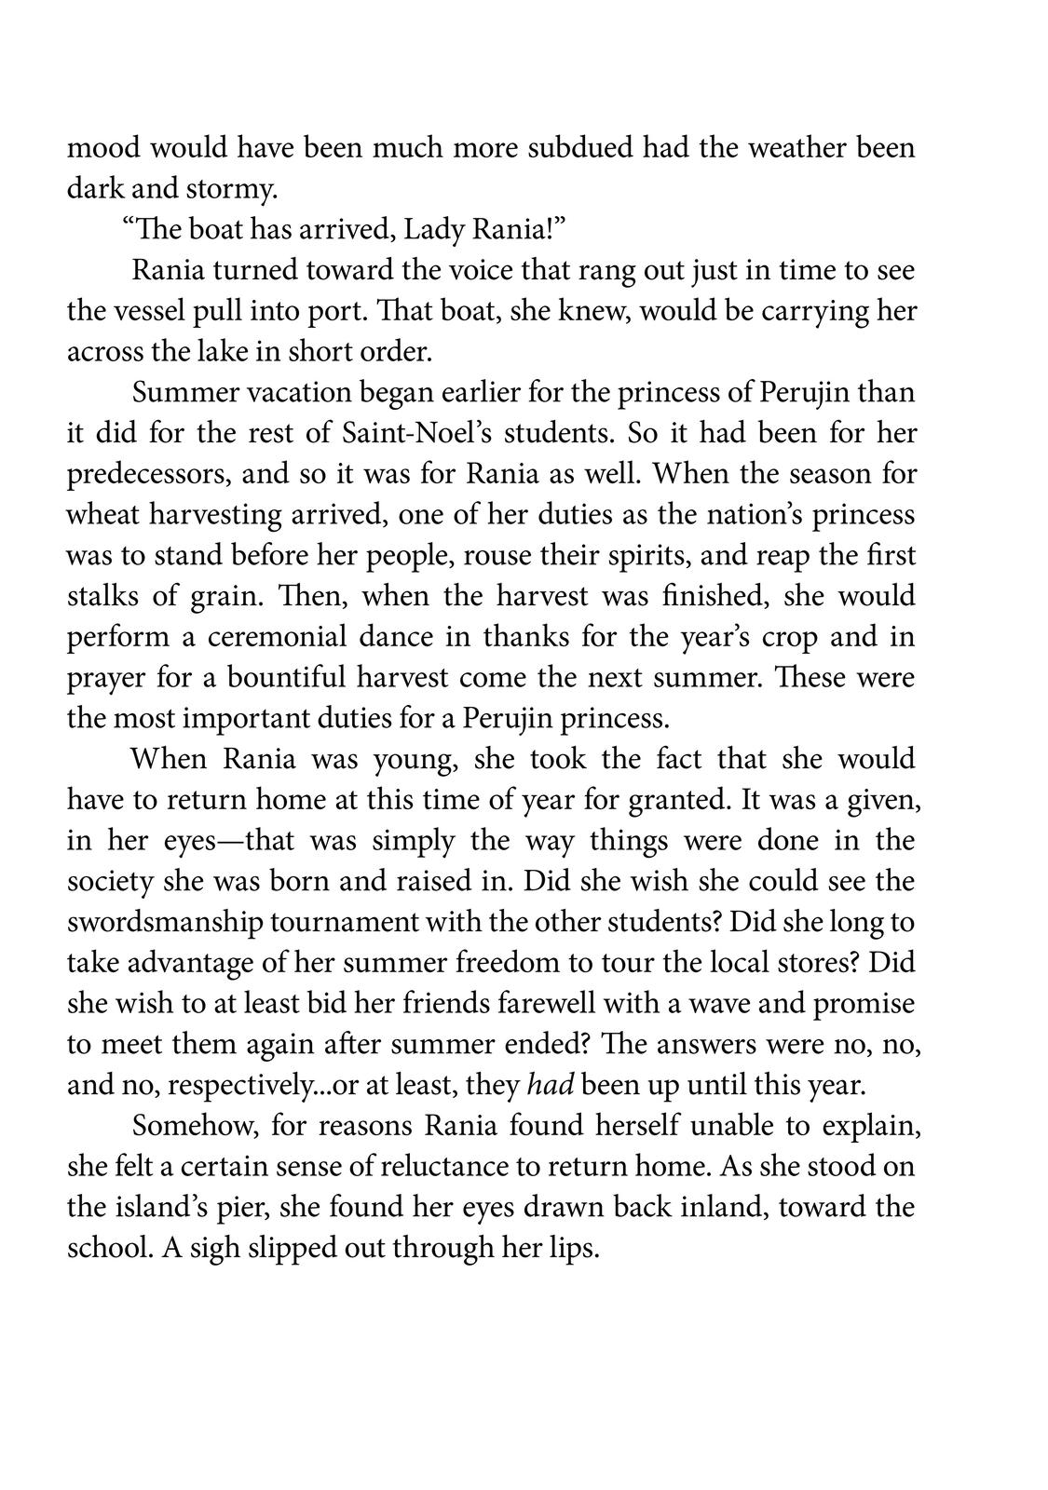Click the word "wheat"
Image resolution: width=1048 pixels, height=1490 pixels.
100,515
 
